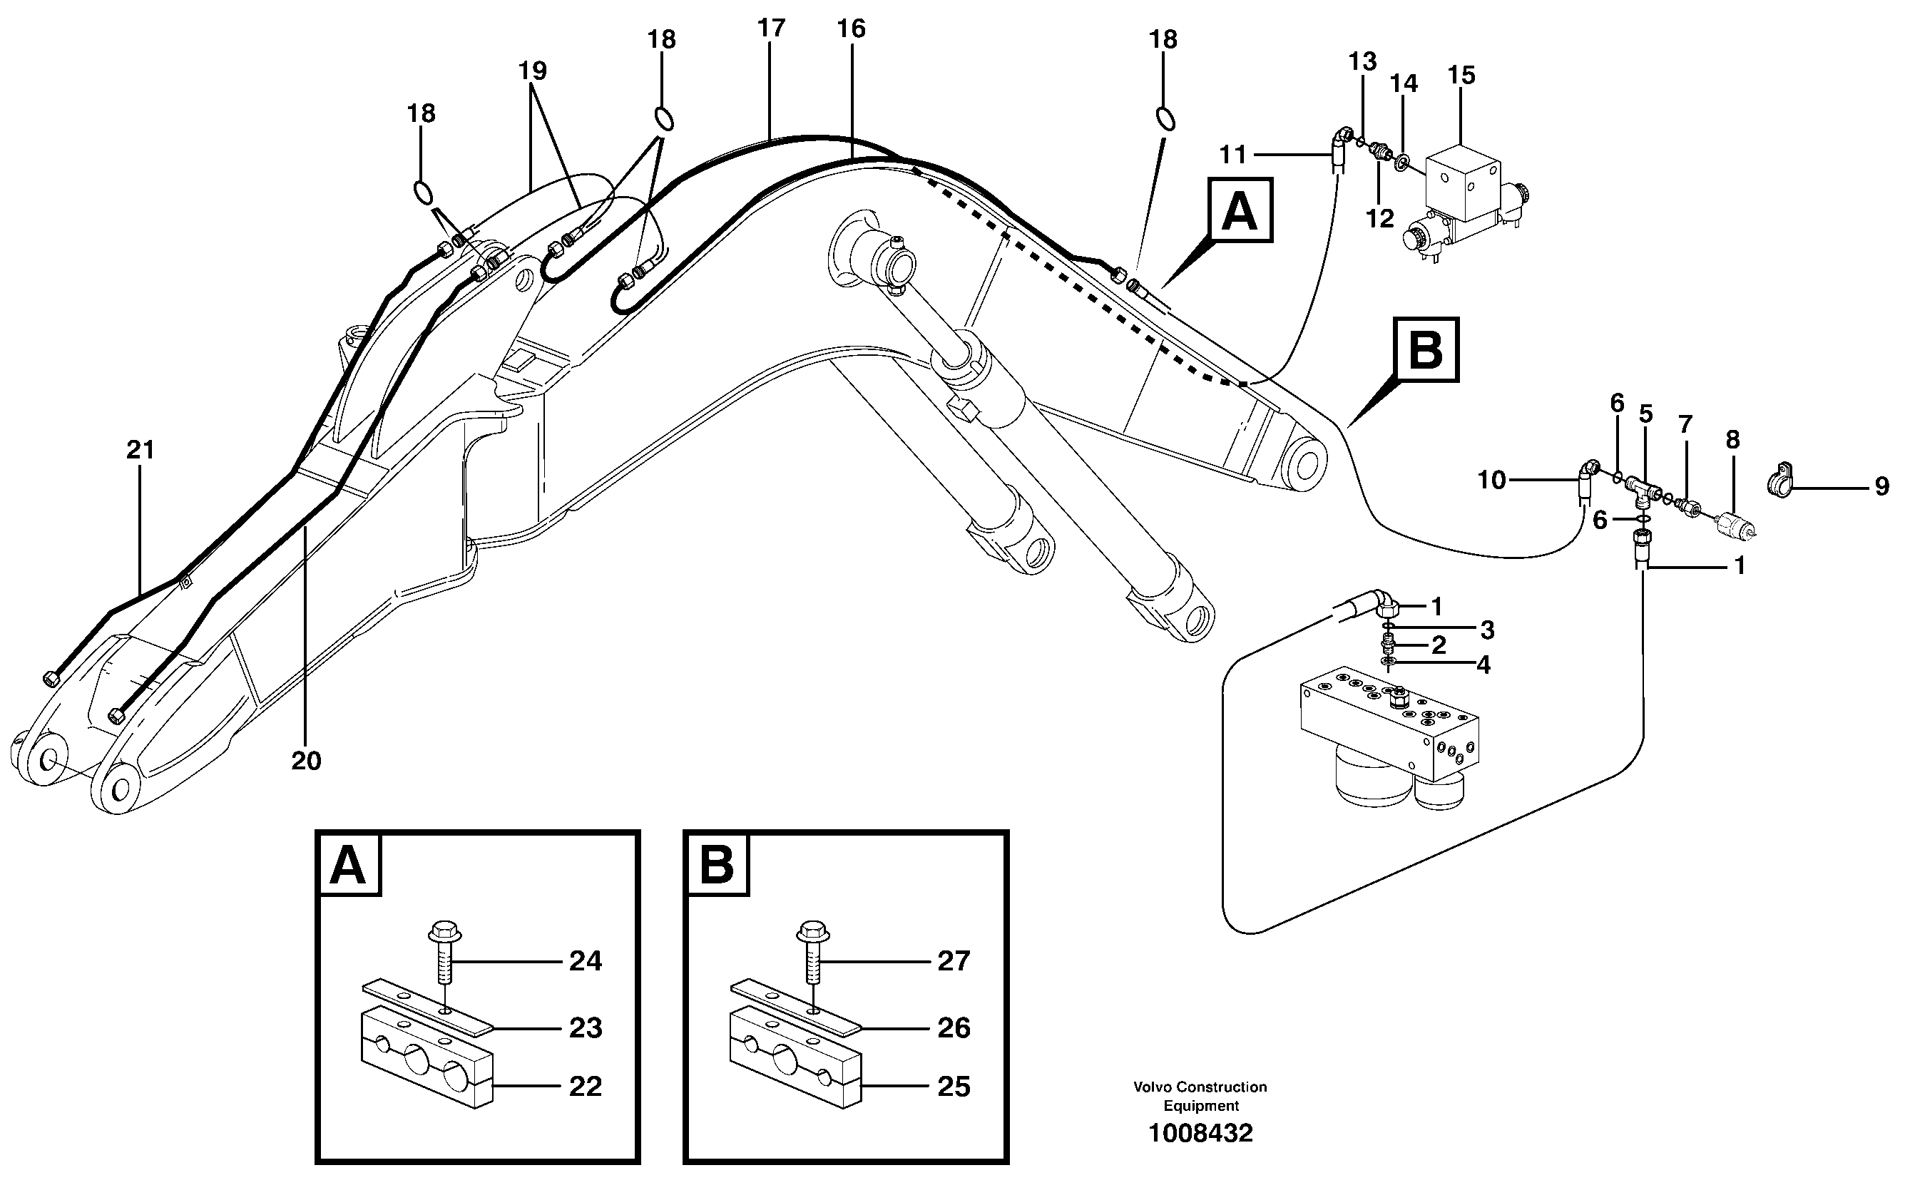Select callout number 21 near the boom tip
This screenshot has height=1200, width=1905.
140,450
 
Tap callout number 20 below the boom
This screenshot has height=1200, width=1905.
306,761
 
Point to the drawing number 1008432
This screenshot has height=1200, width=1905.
1200,1134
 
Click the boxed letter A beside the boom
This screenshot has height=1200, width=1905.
1239,210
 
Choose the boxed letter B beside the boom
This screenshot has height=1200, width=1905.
1426,349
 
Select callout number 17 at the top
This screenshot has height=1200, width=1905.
770,29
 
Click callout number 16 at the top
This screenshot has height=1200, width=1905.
852,29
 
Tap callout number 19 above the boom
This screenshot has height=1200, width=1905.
533,71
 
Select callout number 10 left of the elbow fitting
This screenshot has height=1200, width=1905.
1491,480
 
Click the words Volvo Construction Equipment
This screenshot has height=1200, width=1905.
1200,1097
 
